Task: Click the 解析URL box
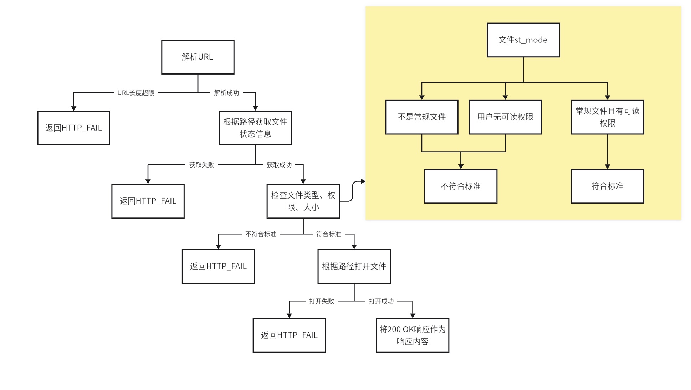tap(198, 57)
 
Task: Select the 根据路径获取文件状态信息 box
tap(255, 128)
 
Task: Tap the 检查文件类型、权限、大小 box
tap(303, 201)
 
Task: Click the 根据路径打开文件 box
tap(354, 266)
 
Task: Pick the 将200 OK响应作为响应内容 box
tap(413, 335)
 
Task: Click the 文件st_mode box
tap(523, 40)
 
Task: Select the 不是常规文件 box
tap(421, 117)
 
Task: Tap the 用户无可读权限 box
tap(505, 117)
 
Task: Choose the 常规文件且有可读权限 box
tap(607, 117)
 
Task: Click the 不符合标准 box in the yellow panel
tap(461, 186)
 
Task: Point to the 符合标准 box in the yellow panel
tap(607, 186)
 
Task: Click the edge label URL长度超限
tap(136, 93)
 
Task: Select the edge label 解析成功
tap(226, 93)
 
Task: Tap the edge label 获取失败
tap(201, 165)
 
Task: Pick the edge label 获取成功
tap(279, 165)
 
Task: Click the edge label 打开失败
tap(322, 301)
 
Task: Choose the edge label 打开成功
tap(381, 301)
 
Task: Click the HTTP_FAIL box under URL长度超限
tap(73, 128)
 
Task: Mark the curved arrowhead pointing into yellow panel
tap(363, 181)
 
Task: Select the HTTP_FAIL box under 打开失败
tap(289, 335)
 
